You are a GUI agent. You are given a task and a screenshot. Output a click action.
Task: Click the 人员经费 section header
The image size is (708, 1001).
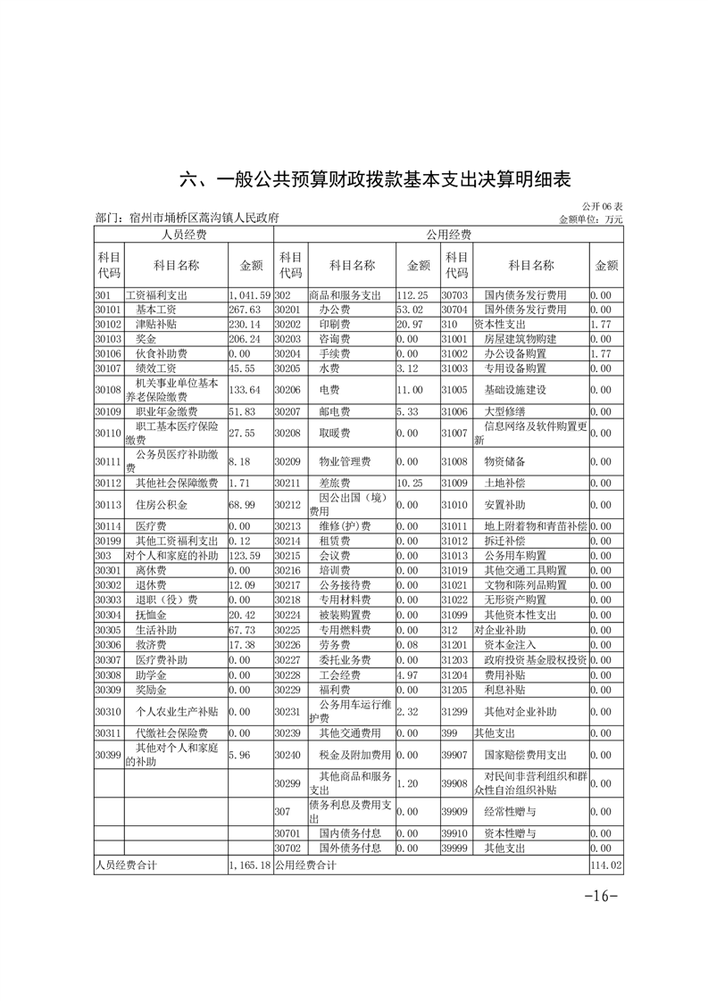pyautogui.click(x=183, y=235)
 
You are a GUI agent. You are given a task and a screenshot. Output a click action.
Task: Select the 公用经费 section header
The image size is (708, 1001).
pyautogui.click(x=448, y=235)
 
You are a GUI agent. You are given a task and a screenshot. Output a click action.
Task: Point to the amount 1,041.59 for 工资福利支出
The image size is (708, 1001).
pyautogui.click(x=249, y=294)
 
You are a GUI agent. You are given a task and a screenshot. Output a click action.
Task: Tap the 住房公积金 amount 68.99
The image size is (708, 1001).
pyautogui.click(x=242, y=507)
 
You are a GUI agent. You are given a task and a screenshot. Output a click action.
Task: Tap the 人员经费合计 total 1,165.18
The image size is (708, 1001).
pyautogui.click(x=249, y=864)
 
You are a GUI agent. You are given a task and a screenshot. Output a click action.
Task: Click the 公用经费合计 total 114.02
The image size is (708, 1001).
pyautogui.click(x=606, y=864)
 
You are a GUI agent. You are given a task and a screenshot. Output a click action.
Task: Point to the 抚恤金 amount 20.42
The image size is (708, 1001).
pyautogui.click(x=242, y=615)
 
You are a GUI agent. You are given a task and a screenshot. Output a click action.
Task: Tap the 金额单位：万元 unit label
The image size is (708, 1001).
pyautogui.click(x=590, y=219)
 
